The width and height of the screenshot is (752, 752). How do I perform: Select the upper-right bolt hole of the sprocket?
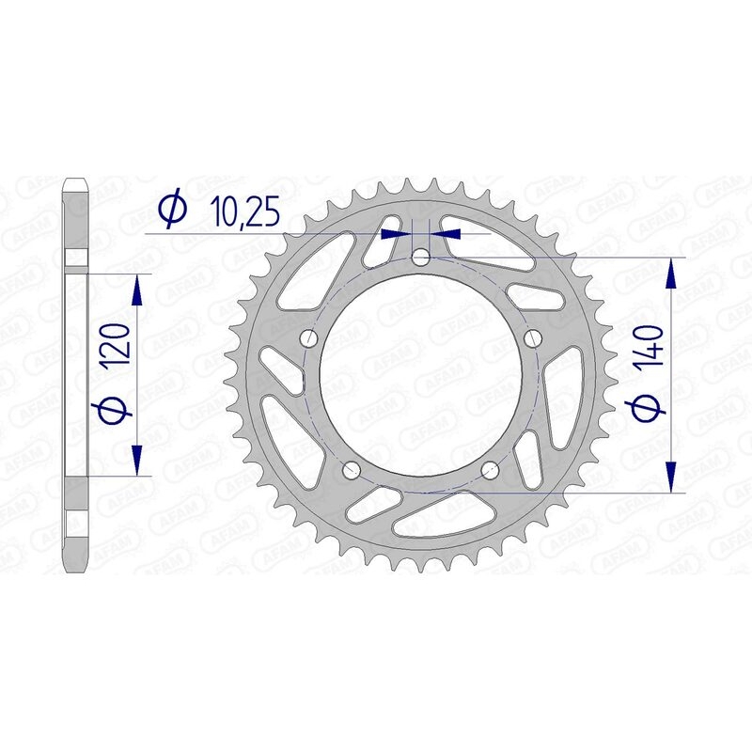[534, 338]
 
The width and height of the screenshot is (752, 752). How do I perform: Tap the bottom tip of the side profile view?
[75, 570]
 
